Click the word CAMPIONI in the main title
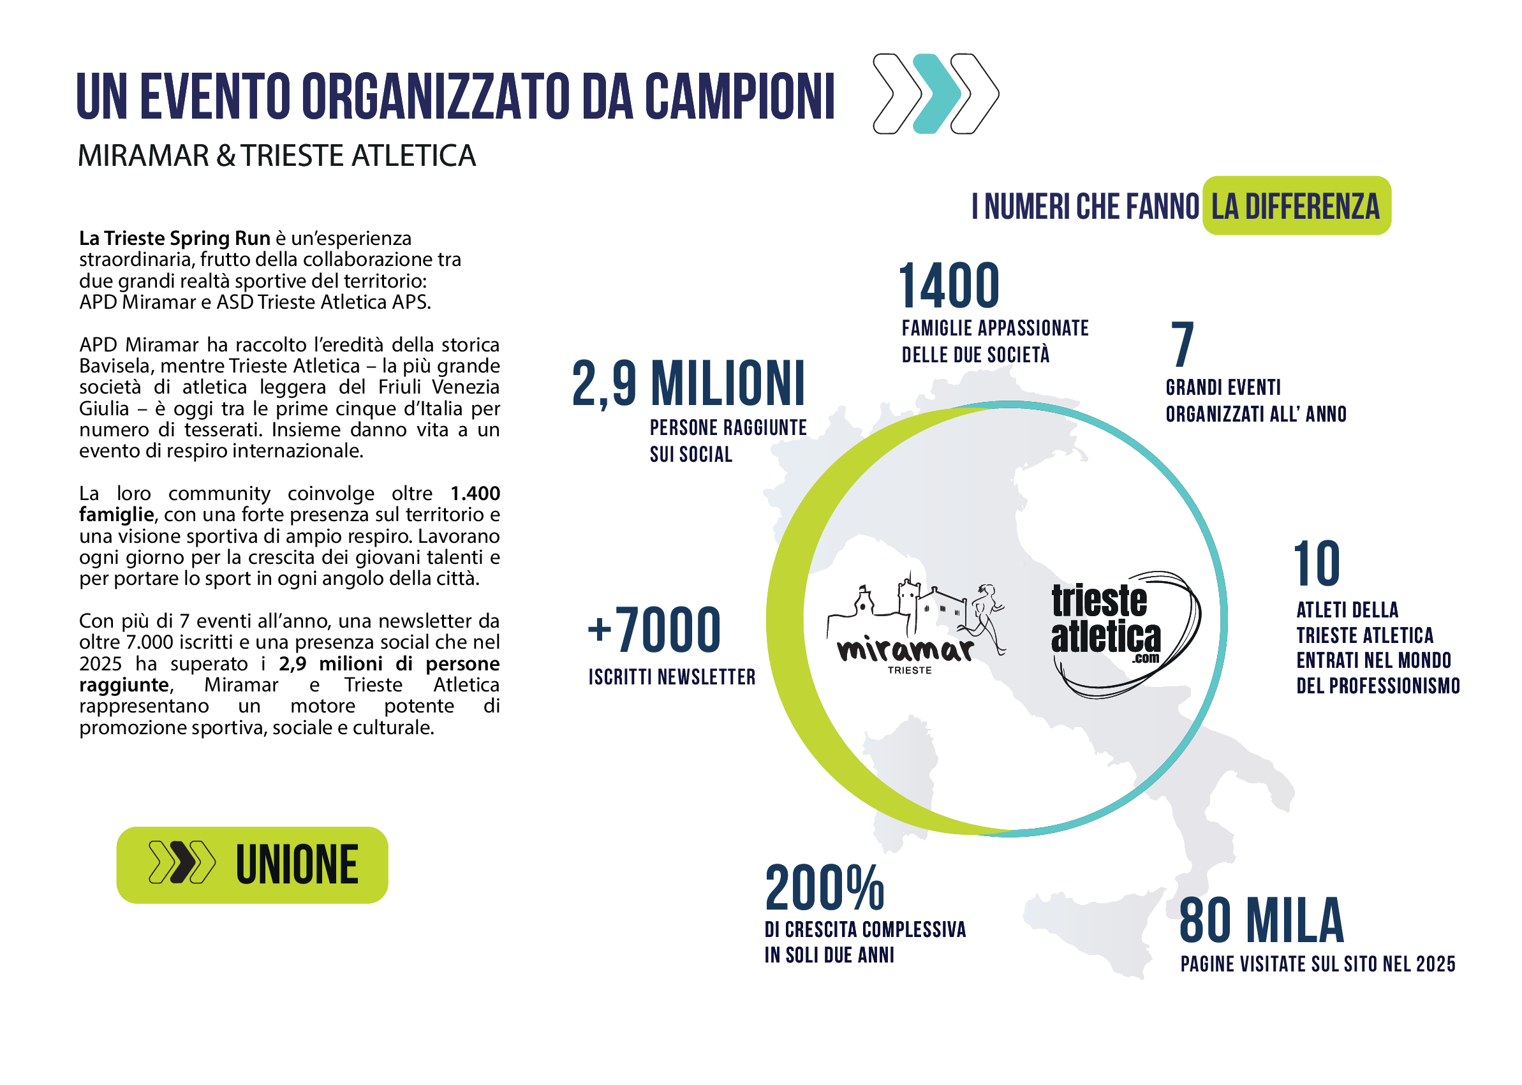click(739, 97)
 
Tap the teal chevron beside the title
click(935, 94)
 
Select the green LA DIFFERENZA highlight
click(1296, 206)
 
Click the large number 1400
click(949, 286)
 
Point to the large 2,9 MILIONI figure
click(688, 383)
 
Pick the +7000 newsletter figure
click(654, 630)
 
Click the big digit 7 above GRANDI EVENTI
click(1182, 344)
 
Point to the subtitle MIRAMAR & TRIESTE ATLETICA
click(277, 156)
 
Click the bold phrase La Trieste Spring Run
click(174, 239)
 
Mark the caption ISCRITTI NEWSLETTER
click(672, 677)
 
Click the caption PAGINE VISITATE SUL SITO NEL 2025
click(1317, 964)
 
